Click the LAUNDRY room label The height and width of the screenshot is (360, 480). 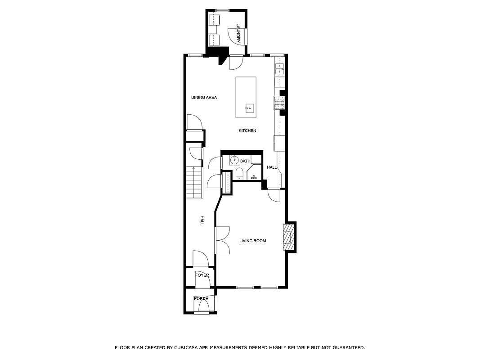pyautogui.click(x=238, y=34)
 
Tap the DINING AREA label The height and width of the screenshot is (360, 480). pyautogui.click(x=204, y=97)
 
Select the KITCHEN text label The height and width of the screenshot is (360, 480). pyautogui.click(x=247, y=130)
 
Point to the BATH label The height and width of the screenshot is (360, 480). pyautogui.click(x=245, y=161)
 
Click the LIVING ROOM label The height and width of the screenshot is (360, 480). pyautogui.click(x=252, y=241)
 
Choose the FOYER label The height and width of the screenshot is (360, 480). pyautogui.click(x=202, y=275)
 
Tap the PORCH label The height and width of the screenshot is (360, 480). pyautogui.click(x=201, y=298)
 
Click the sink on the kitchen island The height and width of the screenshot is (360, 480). pyautogui.click(x=249, y=108)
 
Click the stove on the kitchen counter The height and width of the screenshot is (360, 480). pyautogui.click(x=279, y=103)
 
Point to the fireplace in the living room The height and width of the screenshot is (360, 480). pyautogui.click(x=287, y=237)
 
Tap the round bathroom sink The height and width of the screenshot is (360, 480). pyautogui.click(x=234, y=160)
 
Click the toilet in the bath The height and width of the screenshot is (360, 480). pyautogui.click(x=239, y=174)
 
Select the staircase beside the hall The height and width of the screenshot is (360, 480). pyautogui.click(x=195, y=182)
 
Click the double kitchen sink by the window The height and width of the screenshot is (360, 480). pyautogui.click(x=280, y=68)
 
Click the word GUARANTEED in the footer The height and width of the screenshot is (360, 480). pyautogui.click(x=346, y=347)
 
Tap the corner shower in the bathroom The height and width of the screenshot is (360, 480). pyautogui.click(x=254, y=172)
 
